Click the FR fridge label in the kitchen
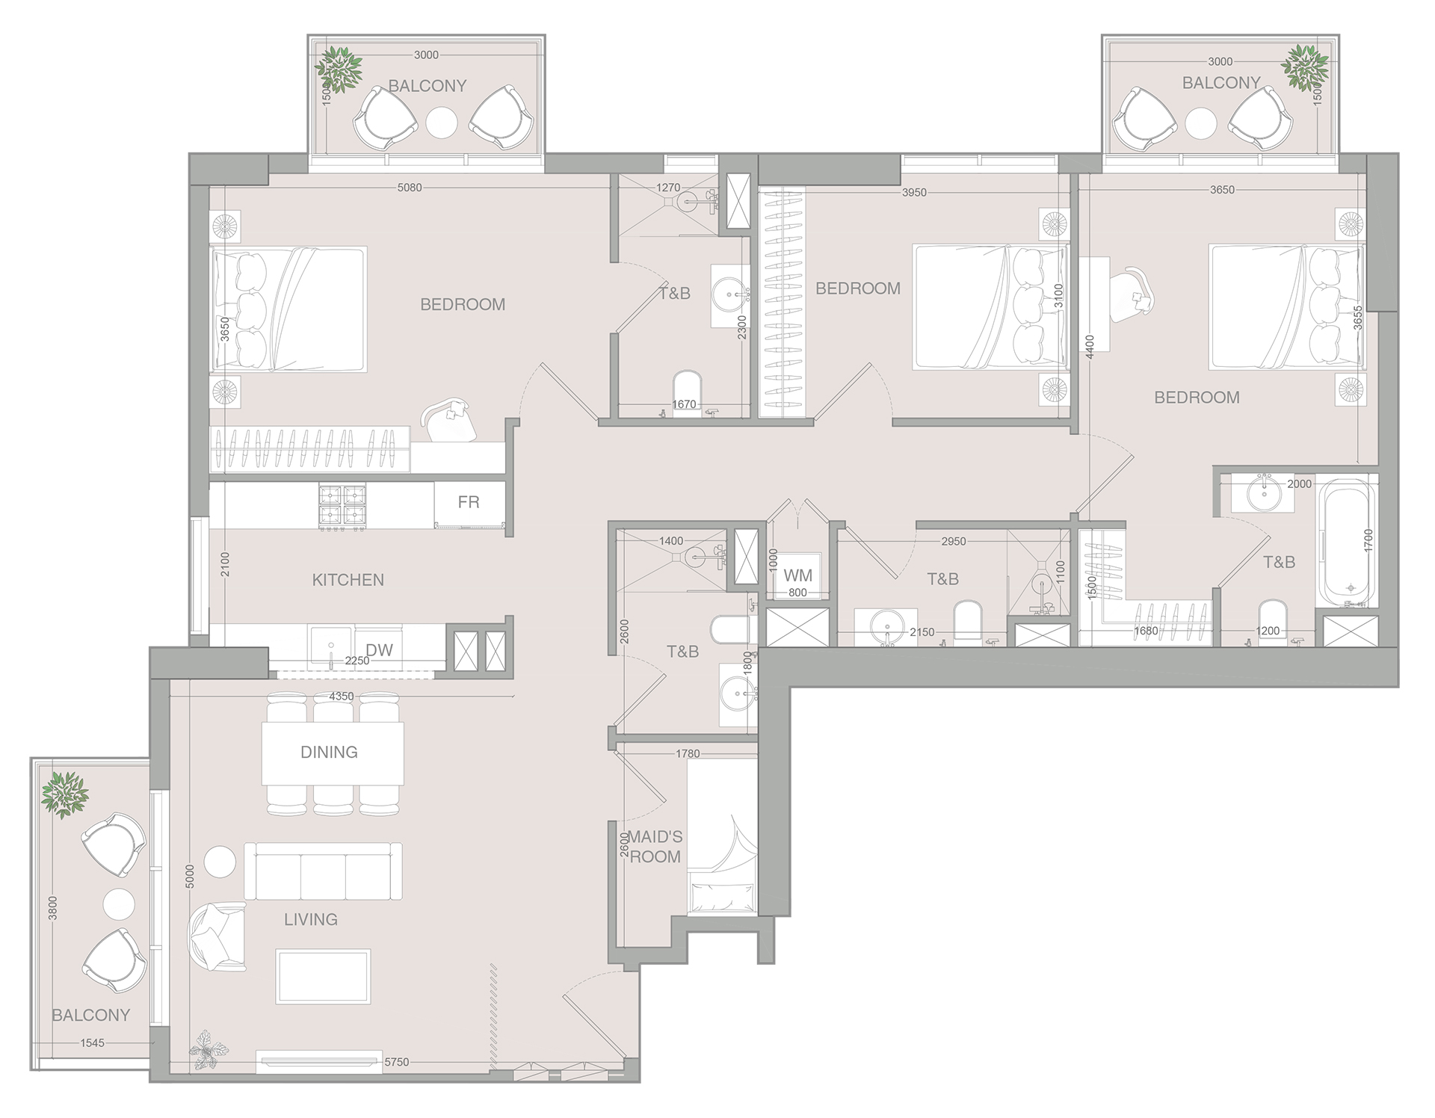click(x=469, y=502)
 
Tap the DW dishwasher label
click(x=379, y=650)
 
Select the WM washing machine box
click(x=797, y=575)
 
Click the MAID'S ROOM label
click(x=655, y=847)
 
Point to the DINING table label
click(x=329, y=752)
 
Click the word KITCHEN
click(x=348, y=580)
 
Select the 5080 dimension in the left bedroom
click(x=410, y=188)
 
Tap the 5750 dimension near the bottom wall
click(x=396, y=1061)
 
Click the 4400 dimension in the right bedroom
click(x=1089, y=348)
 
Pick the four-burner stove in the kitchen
click(x=342, y=506)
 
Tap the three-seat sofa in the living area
click(x=323, y=871)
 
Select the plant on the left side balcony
click(x=64, y=794)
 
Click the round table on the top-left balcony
click(x=441, y=122)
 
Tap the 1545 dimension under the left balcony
click(x=93, y=1043)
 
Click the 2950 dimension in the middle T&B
click(x=953, y=541)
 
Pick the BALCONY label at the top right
click(x=1220, y=83)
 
